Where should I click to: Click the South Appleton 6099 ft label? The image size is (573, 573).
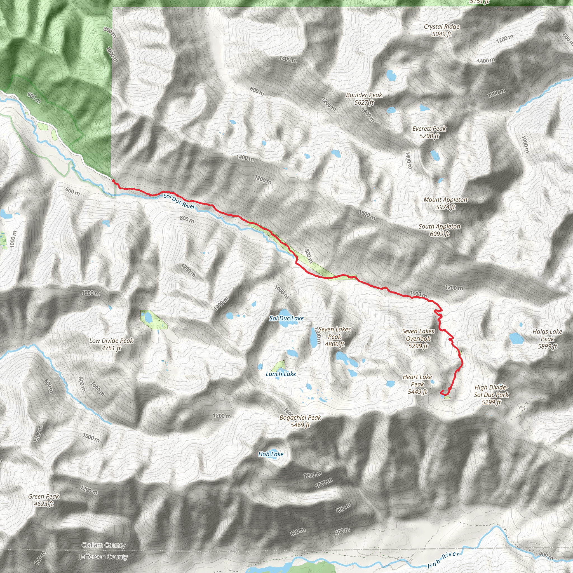[x=439, y=230]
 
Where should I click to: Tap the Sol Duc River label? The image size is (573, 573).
[x=179, y=201]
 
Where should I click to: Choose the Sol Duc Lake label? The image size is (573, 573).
[x=286, y=318]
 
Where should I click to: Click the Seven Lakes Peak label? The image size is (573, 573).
[x=335, y=337]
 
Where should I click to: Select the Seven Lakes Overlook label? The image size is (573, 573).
[x=418, y=339]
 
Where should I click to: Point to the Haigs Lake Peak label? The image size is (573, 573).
[x=547, y=339]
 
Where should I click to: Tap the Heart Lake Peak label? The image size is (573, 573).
[x=417, y=384]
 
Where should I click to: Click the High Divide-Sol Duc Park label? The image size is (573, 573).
[x=491, y=394]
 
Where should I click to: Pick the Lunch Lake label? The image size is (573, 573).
[x=281, y=374]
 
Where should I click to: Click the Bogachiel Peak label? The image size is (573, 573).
[x=300, y=421]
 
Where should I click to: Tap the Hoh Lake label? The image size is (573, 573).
[x=271, y=454]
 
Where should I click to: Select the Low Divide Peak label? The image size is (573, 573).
[x=111, y=344]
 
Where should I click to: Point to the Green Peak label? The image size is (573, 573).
[x=44, y=500]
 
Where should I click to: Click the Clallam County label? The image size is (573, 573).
[x=103, y=545]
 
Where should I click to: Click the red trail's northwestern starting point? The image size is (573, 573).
[x=113, y=180]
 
